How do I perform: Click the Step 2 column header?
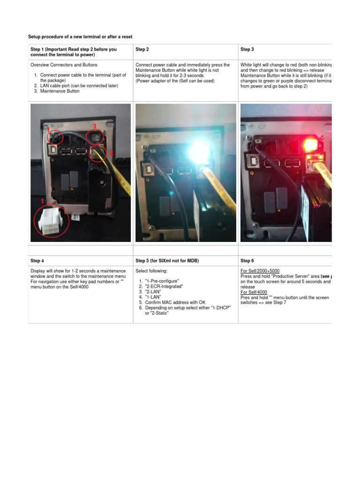(x=142, y=49)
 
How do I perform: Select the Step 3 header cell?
(x=247, y=49)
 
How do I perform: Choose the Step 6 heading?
(x=247, y=261)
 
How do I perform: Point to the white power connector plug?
(x=52, y=223)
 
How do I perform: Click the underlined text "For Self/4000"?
(x=254, y=292)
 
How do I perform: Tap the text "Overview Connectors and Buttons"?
(x=64, y=65)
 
